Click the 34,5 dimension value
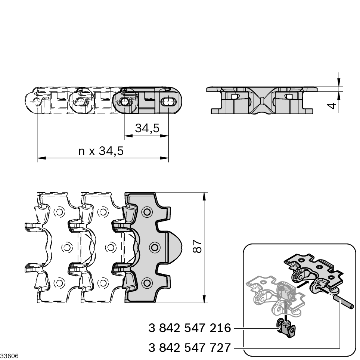[x=147, y=128]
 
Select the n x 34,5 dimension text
[x=101, y=151]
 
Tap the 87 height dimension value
[x=198, y=247]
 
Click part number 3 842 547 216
[x=190, y=328]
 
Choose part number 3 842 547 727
[x=190, y=348]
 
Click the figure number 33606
[x=9, y=356]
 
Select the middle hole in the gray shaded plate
[x=154, y=247]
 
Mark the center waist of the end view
[x=262, y=100]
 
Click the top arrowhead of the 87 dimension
[x=204, y=196]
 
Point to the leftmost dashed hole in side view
[x=37, y=102]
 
